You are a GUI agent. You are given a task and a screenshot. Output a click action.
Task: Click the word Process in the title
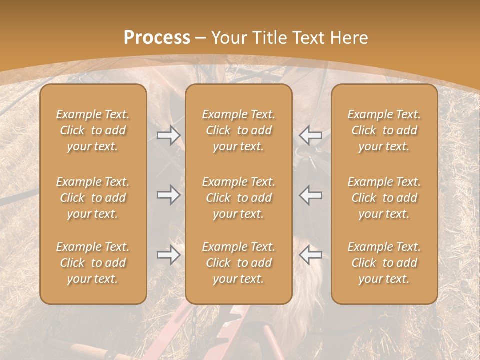[157, 38]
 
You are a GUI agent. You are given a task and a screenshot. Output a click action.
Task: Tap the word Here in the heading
[349, 38]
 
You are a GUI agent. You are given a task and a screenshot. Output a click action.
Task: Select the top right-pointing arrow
[168, 135]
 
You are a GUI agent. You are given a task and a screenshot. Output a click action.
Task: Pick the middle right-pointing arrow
[168, 195]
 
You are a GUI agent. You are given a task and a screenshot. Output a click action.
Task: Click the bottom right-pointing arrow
[168, 255]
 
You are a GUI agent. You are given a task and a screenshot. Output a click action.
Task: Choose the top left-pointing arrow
[310, 135]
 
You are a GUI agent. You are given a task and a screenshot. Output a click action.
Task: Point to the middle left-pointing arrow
[310, 195]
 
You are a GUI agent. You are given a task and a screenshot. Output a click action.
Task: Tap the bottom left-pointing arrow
[310, 255]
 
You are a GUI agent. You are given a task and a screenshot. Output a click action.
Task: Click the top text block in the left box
[93, 130]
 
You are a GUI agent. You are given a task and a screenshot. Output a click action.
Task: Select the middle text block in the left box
[93, 198]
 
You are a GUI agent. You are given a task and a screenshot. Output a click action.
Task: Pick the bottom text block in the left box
[93, 263]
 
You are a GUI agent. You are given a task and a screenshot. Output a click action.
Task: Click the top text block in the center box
[238, 130]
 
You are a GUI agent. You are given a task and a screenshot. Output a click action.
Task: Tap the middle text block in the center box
[238, 198]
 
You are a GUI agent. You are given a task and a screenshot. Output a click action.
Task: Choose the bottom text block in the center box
[238, 263]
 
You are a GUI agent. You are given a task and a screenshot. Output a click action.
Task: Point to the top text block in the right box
[384, 130]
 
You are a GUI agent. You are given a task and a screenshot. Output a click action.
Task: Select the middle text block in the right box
[384, 198]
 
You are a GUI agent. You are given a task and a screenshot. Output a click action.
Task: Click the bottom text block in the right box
[384, 263]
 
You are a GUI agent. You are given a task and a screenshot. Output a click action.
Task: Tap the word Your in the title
[228, 38]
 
